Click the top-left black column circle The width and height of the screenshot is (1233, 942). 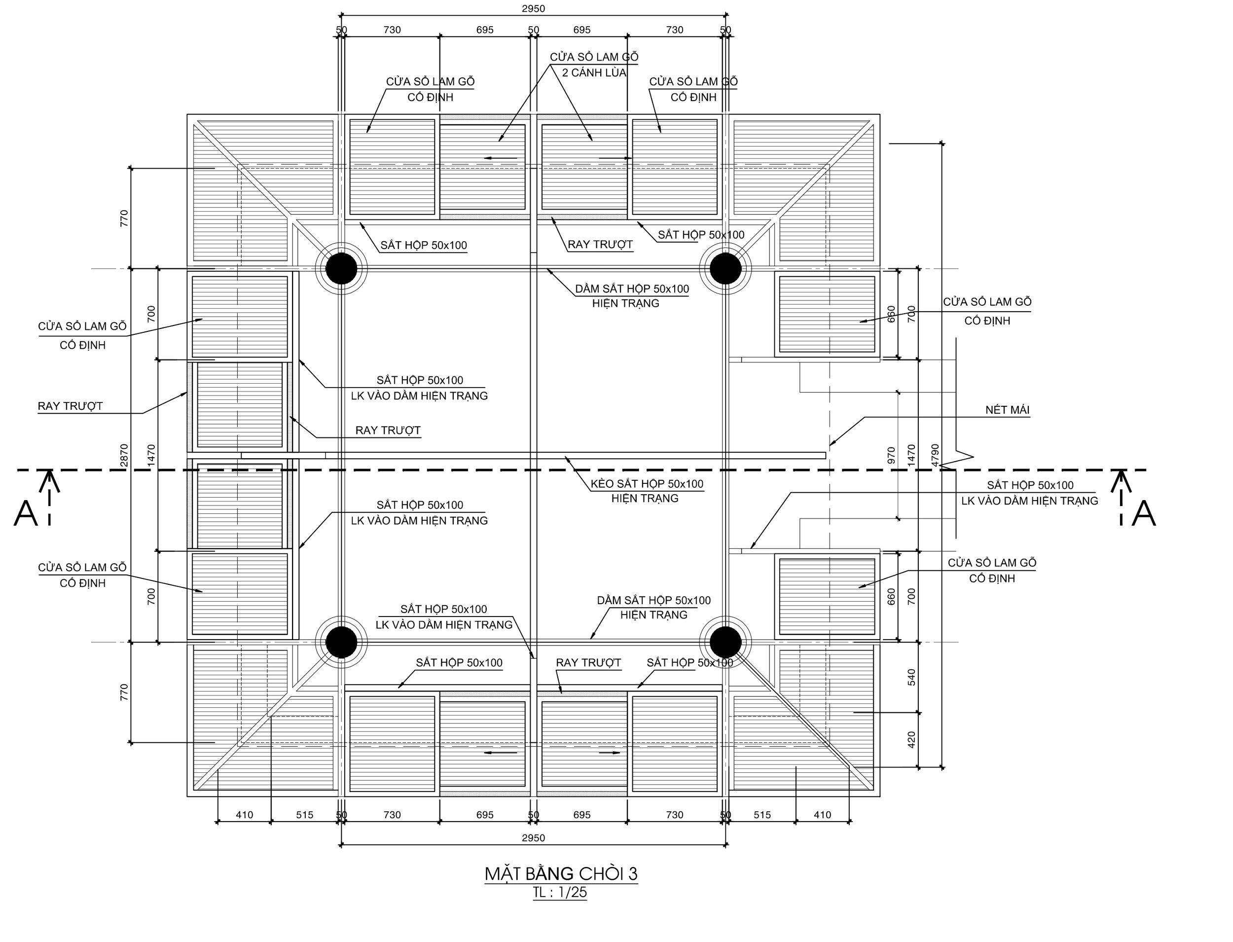(x=341, y=269)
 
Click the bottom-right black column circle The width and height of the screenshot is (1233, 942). (x=725, y=642)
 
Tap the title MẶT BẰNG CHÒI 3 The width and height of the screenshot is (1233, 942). (x=561, y=873)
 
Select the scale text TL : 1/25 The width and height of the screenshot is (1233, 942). (x=560, y=892)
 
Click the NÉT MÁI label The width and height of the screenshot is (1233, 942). (x=1007, y=410)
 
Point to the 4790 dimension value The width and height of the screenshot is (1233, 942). (x=934, y=455)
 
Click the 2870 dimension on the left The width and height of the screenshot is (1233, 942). (x=124, y=455)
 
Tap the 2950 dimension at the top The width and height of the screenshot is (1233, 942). (x=533, y=8)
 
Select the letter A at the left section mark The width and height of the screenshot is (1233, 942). (x=25, y=513)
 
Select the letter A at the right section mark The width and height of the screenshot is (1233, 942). (x=1143, y=513)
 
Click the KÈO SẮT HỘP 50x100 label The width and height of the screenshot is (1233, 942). (x=647, y=484)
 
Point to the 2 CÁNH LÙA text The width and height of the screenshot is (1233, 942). (x=594, y=73)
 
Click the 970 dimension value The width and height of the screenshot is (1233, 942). (x=892, y=455)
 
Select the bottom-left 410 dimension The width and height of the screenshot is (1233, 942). (x=245, y=815)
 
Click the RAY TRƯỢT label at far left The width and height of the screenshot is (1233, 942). (x=70, y=406)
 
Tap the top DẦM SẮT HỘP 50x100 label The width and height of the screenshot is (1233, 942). (x=631, y=290)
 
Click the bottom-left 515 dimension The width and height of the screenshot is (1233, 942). (x=304, y=815)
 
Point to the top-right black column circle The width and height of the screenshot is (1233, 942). (x=725, y=269)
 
